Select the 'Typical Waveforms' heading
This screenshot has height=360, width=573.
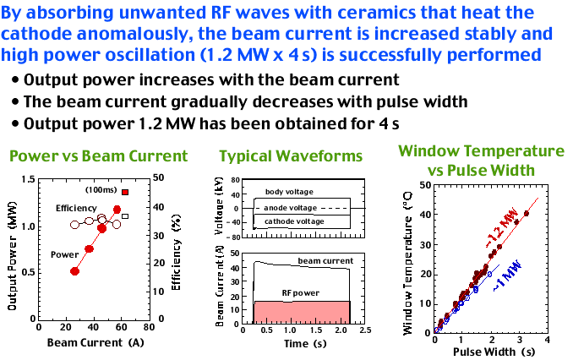click(x=291, y=156)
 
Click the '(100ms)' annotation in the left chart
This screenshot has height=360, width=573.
click(x=100, y=191)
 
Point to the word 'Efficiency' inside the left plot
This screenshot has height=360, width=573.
click(x=77, y=208)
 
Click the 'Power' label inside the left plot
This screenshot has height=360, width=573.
click(x=65, y=254)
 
